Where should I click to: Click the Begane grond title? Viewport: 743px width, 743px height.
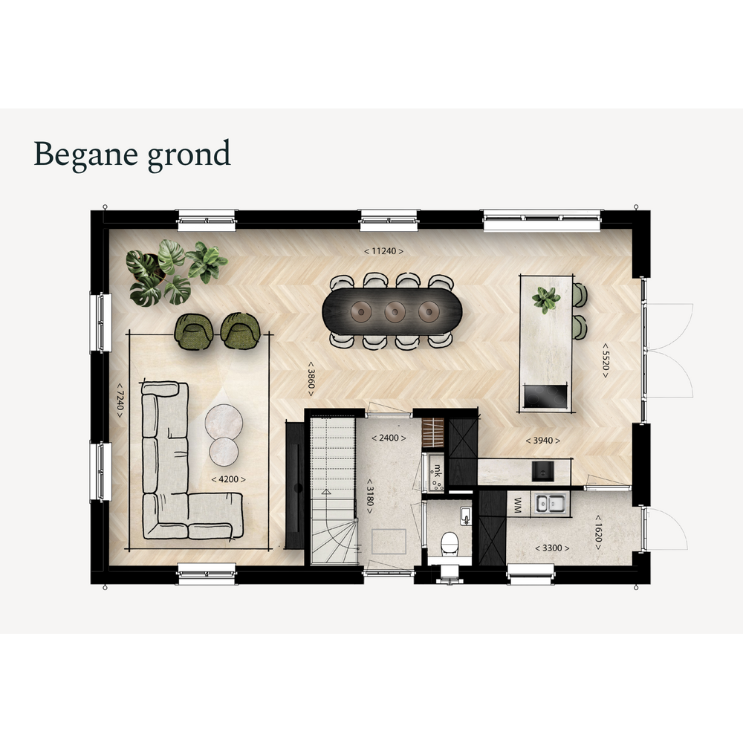tap(132, 155)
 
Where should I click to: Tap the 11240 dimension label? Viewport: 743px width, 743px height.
tap(383, 251)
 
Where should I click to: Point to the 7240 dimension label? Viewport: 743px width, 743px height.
tap(120, 400)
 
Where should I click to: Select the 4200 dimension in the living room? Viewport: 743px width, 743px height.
tap(228, 479)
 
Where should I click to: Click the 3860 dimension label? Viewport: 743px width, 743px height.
tap(311, 379)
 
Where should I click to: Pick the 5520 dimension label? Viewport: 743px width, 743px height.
tap(605, 360)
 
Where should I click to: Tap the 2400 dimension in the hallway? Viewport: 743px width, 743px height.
tap(389, 438)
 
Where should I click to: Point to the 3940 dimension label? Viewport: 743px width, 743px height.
tap(542, 440)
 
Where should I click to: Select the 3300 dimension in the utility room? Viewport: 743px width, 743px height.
tap(552, 548)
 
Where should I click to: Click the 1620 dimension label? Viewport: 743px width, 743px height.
tap(598, 533)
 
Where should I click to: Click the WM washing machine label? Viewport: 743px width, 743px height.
tap(518, 504)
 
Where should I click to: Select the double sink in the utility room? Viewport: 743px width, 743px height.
tap(550, 503)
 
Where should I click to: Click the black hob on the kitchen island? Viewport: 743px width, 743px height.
tap(545, 396)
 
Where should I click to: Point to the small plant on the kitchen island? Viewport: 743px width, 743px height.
tap(546, 300)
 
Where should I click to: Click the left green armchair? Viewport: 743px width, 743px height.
tap(194, 331)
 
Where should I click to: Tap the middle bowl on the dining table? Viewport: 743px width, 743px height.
tap(395, 312)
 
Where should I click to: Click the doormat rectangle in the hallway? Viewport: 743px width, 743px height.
tap(389, 541)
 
